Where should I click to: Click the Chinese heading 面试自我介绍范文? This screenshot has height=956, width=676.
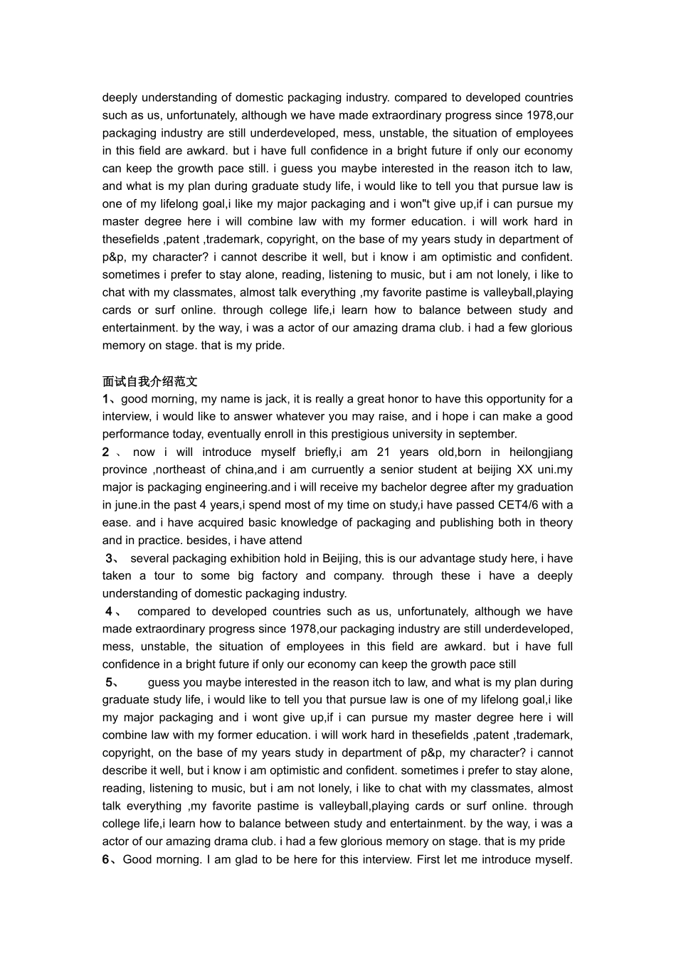coord(150,381)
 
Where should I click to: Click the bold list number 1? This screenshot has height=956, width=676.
coord(106,399)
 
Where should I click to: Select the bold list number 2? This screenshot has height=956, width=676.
coord(106,452)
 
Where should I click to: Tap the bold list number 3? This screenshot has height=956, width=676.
coord(110,558)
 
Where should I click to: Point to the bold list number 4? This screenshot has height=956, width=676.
coord(110,612)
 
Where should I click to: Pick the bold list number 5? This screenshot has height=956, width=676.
coord(110,682)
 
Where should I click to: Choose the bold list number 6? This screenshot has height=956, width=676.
coord(106,859)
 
